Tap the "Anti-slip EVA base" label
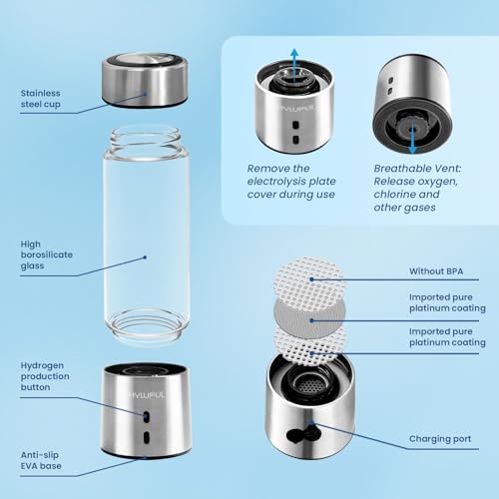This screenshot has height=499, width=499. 44,461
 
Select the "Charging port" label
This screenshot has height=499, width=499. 440,438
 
